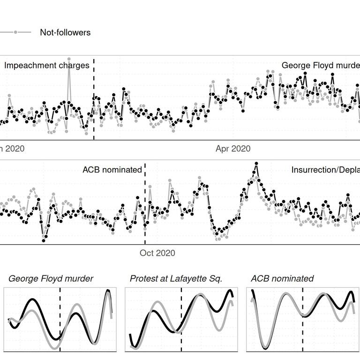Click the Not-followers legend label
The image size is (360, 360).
click(65, 32)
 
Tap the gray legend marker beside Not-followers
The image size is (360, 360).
click(15, 32)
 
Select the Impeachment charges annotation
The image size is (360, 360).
click(47, 66)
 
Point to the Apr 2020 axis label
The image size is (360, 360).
click(233, 149)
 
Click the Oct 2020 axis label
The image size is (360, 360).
click(157, 253)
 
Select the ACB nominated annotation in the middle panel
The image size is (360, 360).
click(112, 170)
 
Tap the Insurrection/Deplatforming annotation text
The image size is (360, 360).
click(325, 170)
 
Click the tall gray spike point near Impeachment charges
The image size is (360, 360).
click(69, 60)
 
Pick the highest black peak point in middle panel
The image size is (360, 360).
click(256, 164)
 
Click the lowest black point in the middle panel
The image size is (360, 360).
click(44, 240)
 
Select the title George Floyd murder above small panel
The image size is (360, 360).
click(51, 279)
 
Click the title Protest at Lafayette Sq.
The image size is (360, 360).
click(176, 279)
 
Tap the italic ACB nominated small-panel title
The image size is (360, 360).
click(282, 279)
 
